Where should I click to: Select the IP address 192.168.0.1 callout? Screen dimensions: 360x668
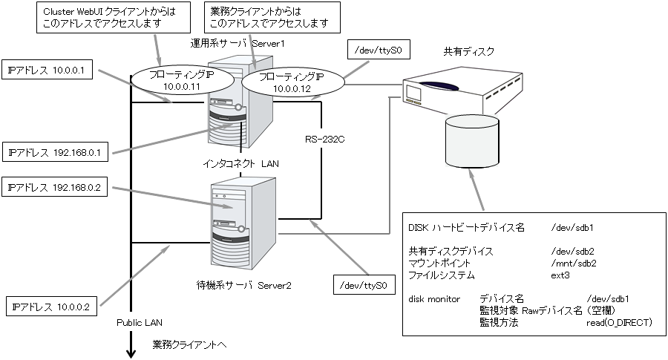coord(56,152)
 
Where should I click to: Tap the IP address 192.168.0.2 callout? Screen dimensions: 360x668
coord(56,189)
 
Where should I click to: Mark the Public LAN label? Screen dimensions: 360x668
coord(139,323)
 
